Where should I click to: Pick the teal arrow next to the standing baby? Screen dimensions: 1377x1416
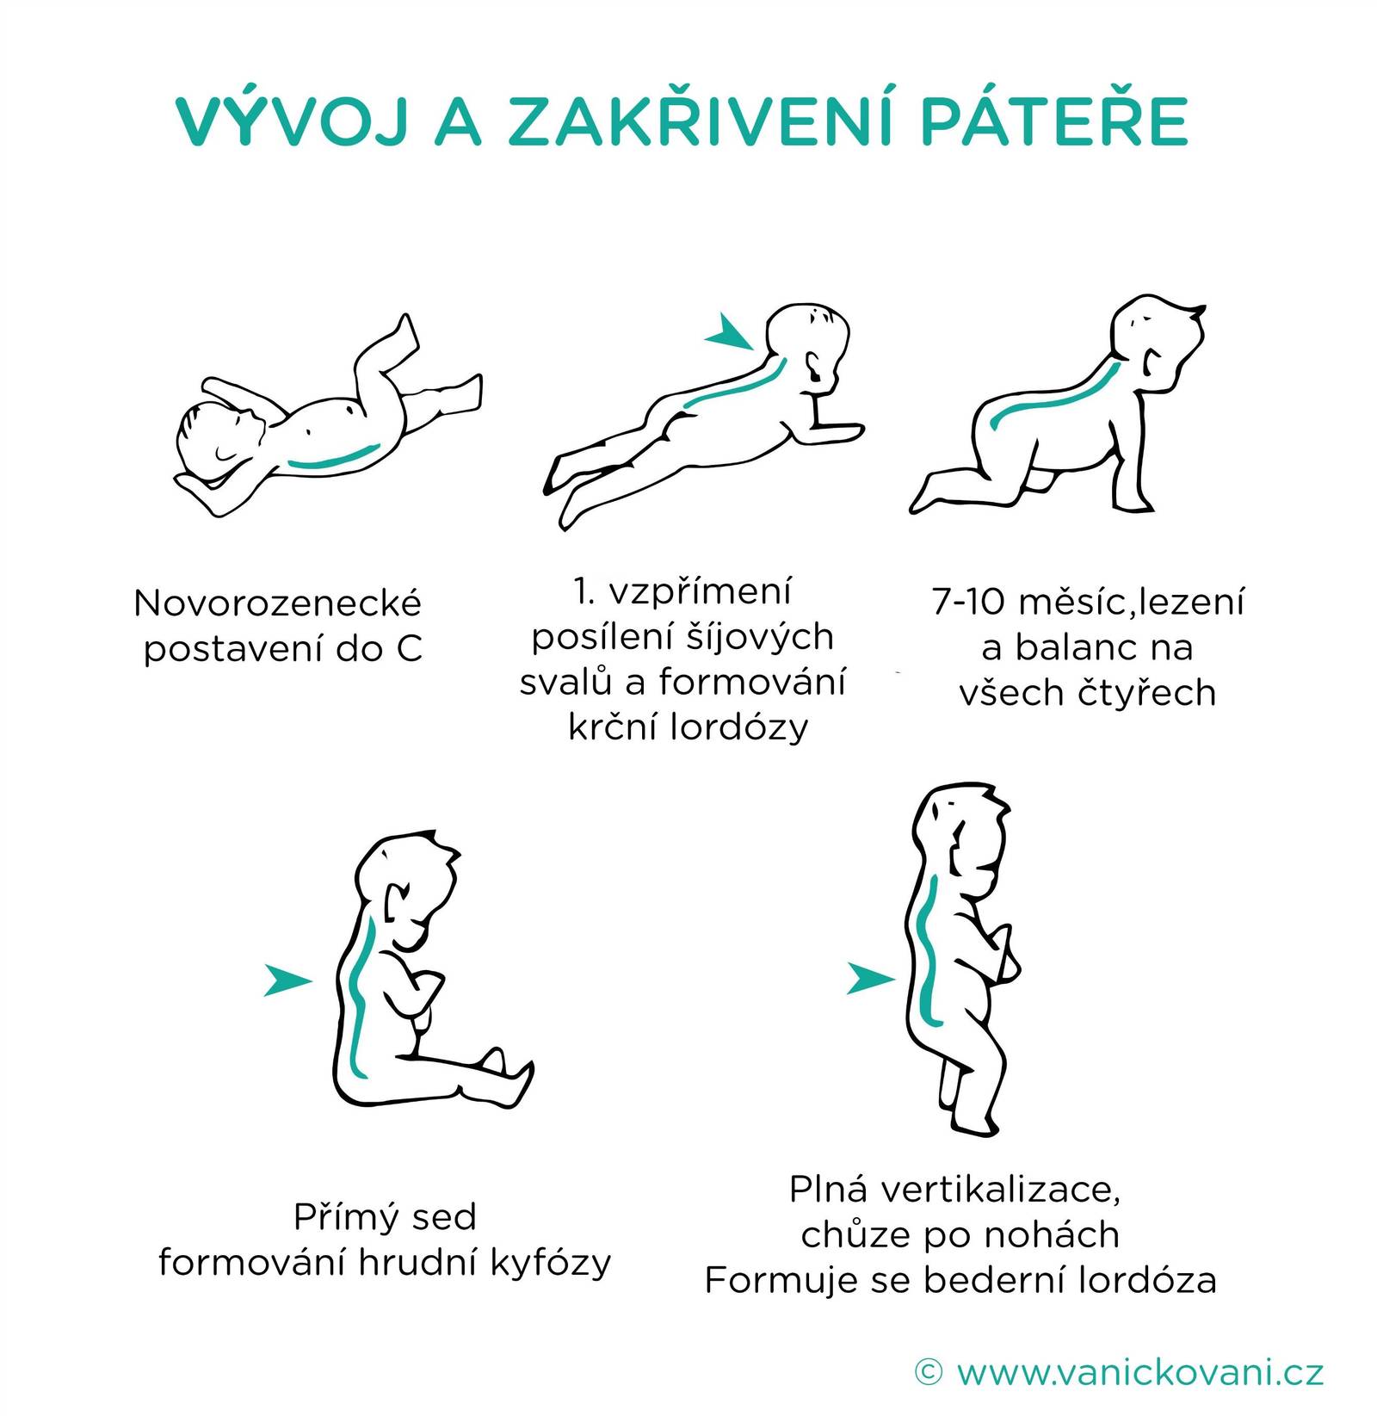871,978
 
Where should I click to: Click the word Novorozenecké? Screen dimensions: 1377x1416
278,603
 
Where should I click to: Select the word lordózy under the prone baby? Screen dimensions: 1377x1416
740,727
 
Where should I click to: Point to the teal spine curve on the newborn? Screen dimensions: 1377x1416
334,457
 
